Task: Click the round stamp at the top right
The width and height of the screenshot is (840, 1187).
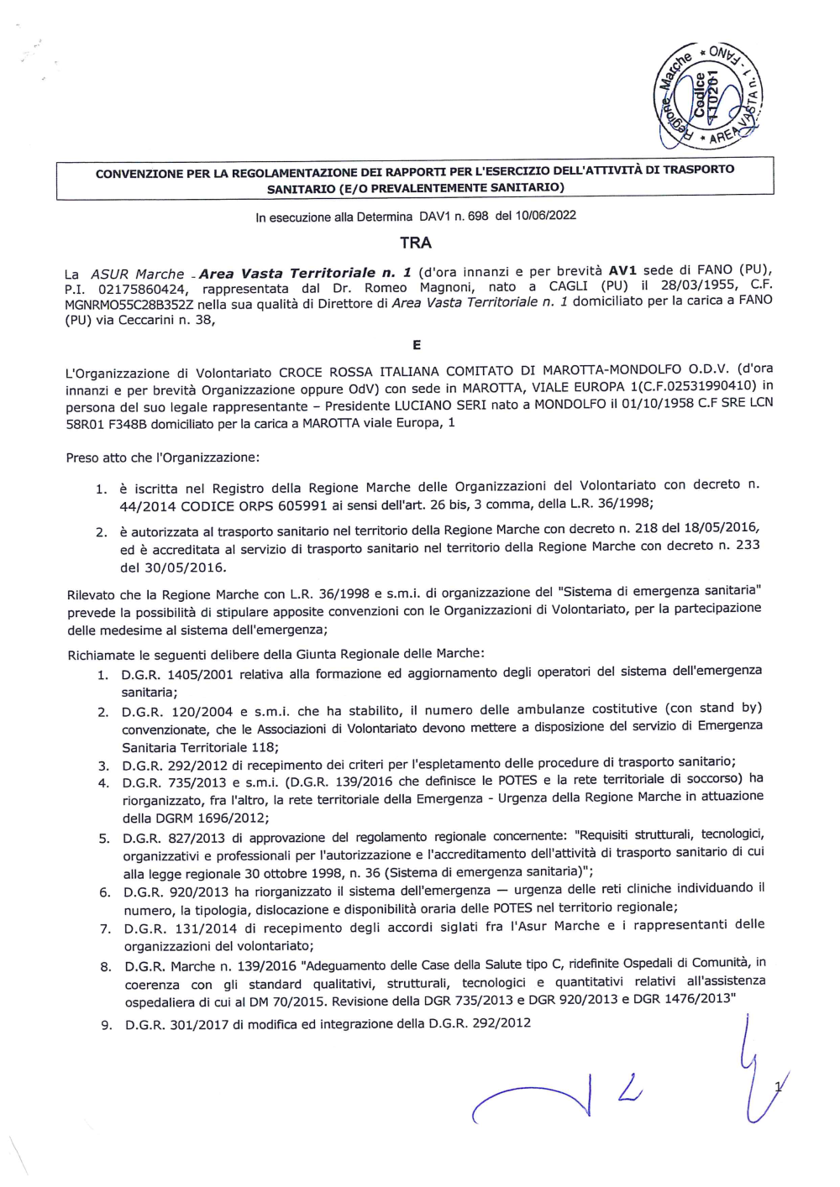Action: click(x=707, y=97)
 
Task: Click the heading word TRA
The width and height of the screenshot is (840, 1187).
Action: click(x=416, y=243)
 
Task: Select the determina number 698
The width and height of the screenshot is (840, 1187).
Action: click(x=478, y=216)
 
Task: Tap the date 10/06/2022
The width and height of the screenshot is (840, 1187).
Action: click(x=546, y=215)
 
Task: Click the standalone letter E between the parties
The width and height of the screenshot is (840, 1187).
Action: click(x=417, y=345)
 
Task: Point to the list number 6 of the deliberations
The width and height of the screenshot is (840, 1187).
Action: click(x=105, y=892)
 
